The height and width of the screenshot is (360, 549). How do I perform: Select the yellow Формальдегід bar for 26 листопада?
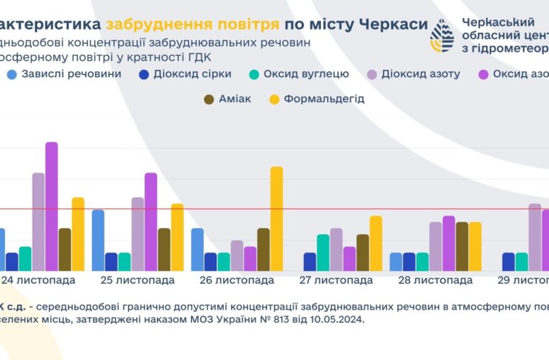pos(276,219)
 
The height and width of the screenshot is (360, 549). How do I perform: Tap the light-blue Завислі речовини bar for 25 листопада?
pos(98,240)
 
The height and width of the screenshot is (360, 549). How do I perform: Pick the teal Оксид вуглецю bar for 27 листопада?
pos(322,253)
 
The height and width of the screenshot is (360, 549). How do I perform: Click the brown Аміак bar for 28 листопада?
pos(462,246)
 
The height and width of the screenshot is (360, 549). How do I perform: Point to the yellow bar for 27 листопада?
pos(376,243)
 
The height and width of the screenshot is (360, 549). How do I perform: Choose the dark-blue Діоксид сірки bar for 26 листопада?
pos(210,261)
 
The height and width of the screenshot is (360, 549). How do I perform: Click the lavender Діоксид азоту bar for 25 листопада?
pos(138,234)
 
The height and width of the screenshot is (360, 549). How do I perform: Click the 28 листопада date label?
pos(436,280)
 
